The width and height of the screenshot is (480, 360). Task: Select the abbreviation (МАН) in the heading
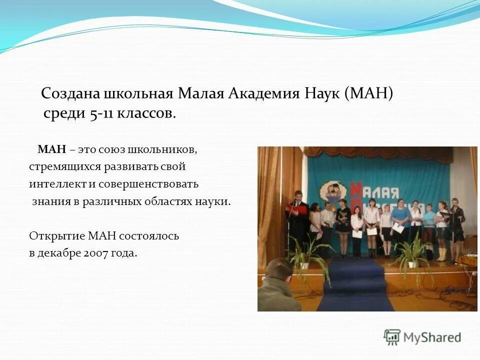[x=369, y=93]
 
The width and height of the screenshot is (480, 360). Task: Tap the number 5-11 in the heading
[x=101, y=113]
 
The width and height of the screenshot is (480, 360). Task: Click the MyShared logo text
[x=432, y=337]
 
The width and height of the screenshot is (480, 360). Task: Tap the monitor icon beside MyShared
[x=392, y=337]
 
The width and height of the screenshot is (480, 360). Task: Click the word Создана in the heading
[x=70, y=93]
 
